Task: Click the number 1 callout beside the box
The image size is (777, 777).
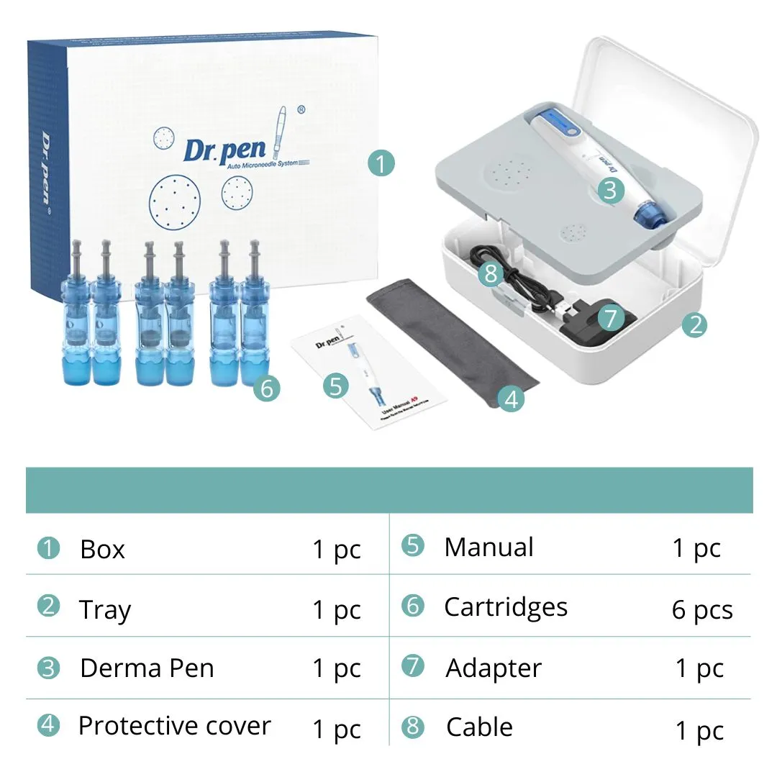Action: pos(381,163)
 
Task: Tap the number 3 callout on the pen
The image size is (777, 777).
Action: pos(610,190)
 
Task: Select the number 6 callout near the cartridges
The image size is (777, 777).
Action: pos(266,388)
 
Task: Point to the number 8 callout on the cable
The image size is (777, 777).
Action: pos(491,275)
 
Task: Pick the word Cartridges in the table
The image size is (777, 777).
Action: pos(506,607)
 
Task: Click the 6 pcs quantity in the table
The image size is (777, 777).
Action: pos(702,610)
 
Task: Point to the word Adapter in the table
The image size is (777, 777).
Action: pos(494,668)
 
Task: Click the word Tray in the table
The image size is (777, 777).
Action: pos(105,610)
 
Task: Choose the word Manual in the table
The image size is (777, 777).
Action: pos(489,547)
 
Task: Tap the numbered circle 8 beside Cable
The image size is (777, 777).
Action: pos(412,726)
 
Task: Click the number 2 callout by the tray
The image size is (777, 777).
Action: pos(694,325)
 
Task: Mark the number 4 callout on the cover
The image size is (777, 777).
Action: pos(511,398)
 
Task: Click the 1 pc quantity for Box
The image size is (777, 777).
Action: pos(336,550)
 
